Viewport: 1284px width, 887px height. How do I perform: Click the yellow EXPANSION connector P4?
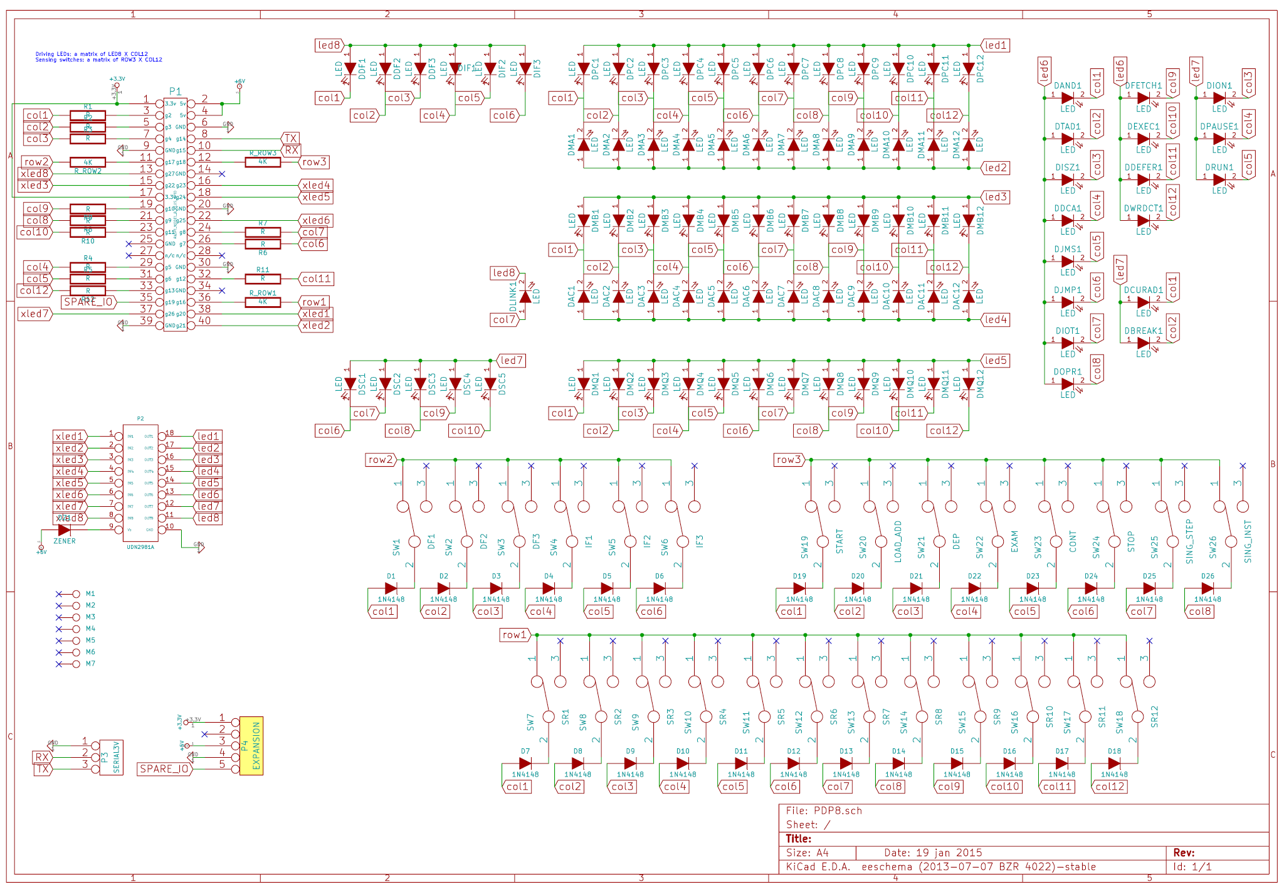click(251, 746)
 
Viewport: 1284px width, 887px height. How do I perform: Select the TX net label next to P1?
click(290, 138)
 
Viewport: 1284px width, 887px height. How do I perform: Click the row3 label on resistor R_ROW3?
click(314, 162)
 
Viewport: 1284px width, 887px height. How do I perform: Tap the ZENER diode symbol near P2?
click(64, 530)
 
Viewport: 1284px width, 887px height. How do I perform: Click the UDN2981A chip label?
click(140, 547)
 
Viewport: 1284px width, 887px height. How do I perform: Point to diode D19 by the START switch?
click(799, 588)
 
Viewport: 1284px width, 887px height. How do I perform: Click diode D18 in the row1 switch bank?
click(1113, 763)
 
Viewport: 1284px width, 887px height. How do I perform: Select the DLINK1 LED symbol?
click(525, 296)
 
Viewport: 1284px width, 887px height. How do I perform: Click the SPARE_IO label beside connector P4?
click(164, 769)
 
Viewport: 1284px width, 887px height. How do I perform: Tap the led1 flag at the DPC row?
click(995, 45)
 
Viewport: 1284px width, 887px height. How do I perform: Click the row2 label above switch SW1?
click(381, 460)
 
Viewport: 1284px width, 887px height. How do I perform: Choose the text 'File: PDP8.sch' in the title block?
click(824, 811)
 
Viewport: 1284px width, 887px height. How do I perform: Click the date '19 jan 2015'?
click(949, 853)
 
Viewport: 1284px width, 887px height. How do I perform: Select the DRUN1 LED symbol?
click(1219, 179)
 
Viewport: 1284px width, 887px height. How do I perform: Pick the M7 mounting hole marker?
click(76, 664)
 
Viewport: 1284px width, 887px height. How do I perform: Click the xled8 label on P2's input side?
click(69, 518)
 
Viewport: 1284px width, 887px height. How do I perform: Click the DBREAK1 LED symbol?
click(1143, 343)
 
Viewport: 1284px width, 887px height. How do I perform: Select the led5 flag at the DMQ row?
click(995, 361)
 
